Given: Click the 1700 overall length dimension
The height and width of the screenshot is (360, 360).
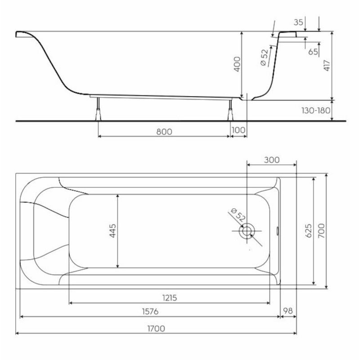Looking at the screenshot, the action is (156, 328).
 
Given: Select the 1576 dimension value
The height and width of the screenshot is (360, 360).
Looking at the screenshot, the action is (150, 311).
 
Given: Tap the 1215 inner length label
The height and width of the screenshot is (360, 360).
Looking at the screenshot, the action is (170, 298).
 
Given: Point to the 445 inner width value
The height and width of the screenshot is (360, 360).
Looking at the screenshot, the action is (112, 231).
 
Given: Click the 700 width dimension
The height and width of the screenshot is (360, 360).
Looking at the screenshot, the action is (321, 230).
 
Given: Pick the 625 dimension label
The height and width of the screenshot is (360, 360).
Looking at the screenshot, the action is (309, 231).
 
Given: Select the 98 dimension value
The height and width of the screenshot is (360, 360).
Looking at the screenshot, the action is (288, 311).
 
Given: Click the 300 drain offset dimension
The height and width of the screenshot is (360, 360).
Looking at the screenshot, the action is (272, 160).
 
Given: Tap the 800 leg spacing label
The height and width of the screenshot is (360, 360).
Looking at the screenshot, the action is (164, 132).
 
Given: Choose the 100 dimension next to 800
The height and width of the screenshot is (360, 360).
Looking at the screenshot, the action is (238, 130).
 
